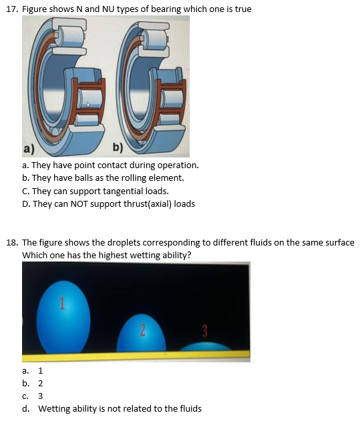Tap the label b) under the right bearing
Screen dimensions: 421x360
coord(118,148)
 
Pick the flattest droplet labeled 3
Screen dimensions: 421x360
coord(206,347)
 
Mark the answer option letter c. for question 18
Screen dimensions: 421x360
coord(25,396)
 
